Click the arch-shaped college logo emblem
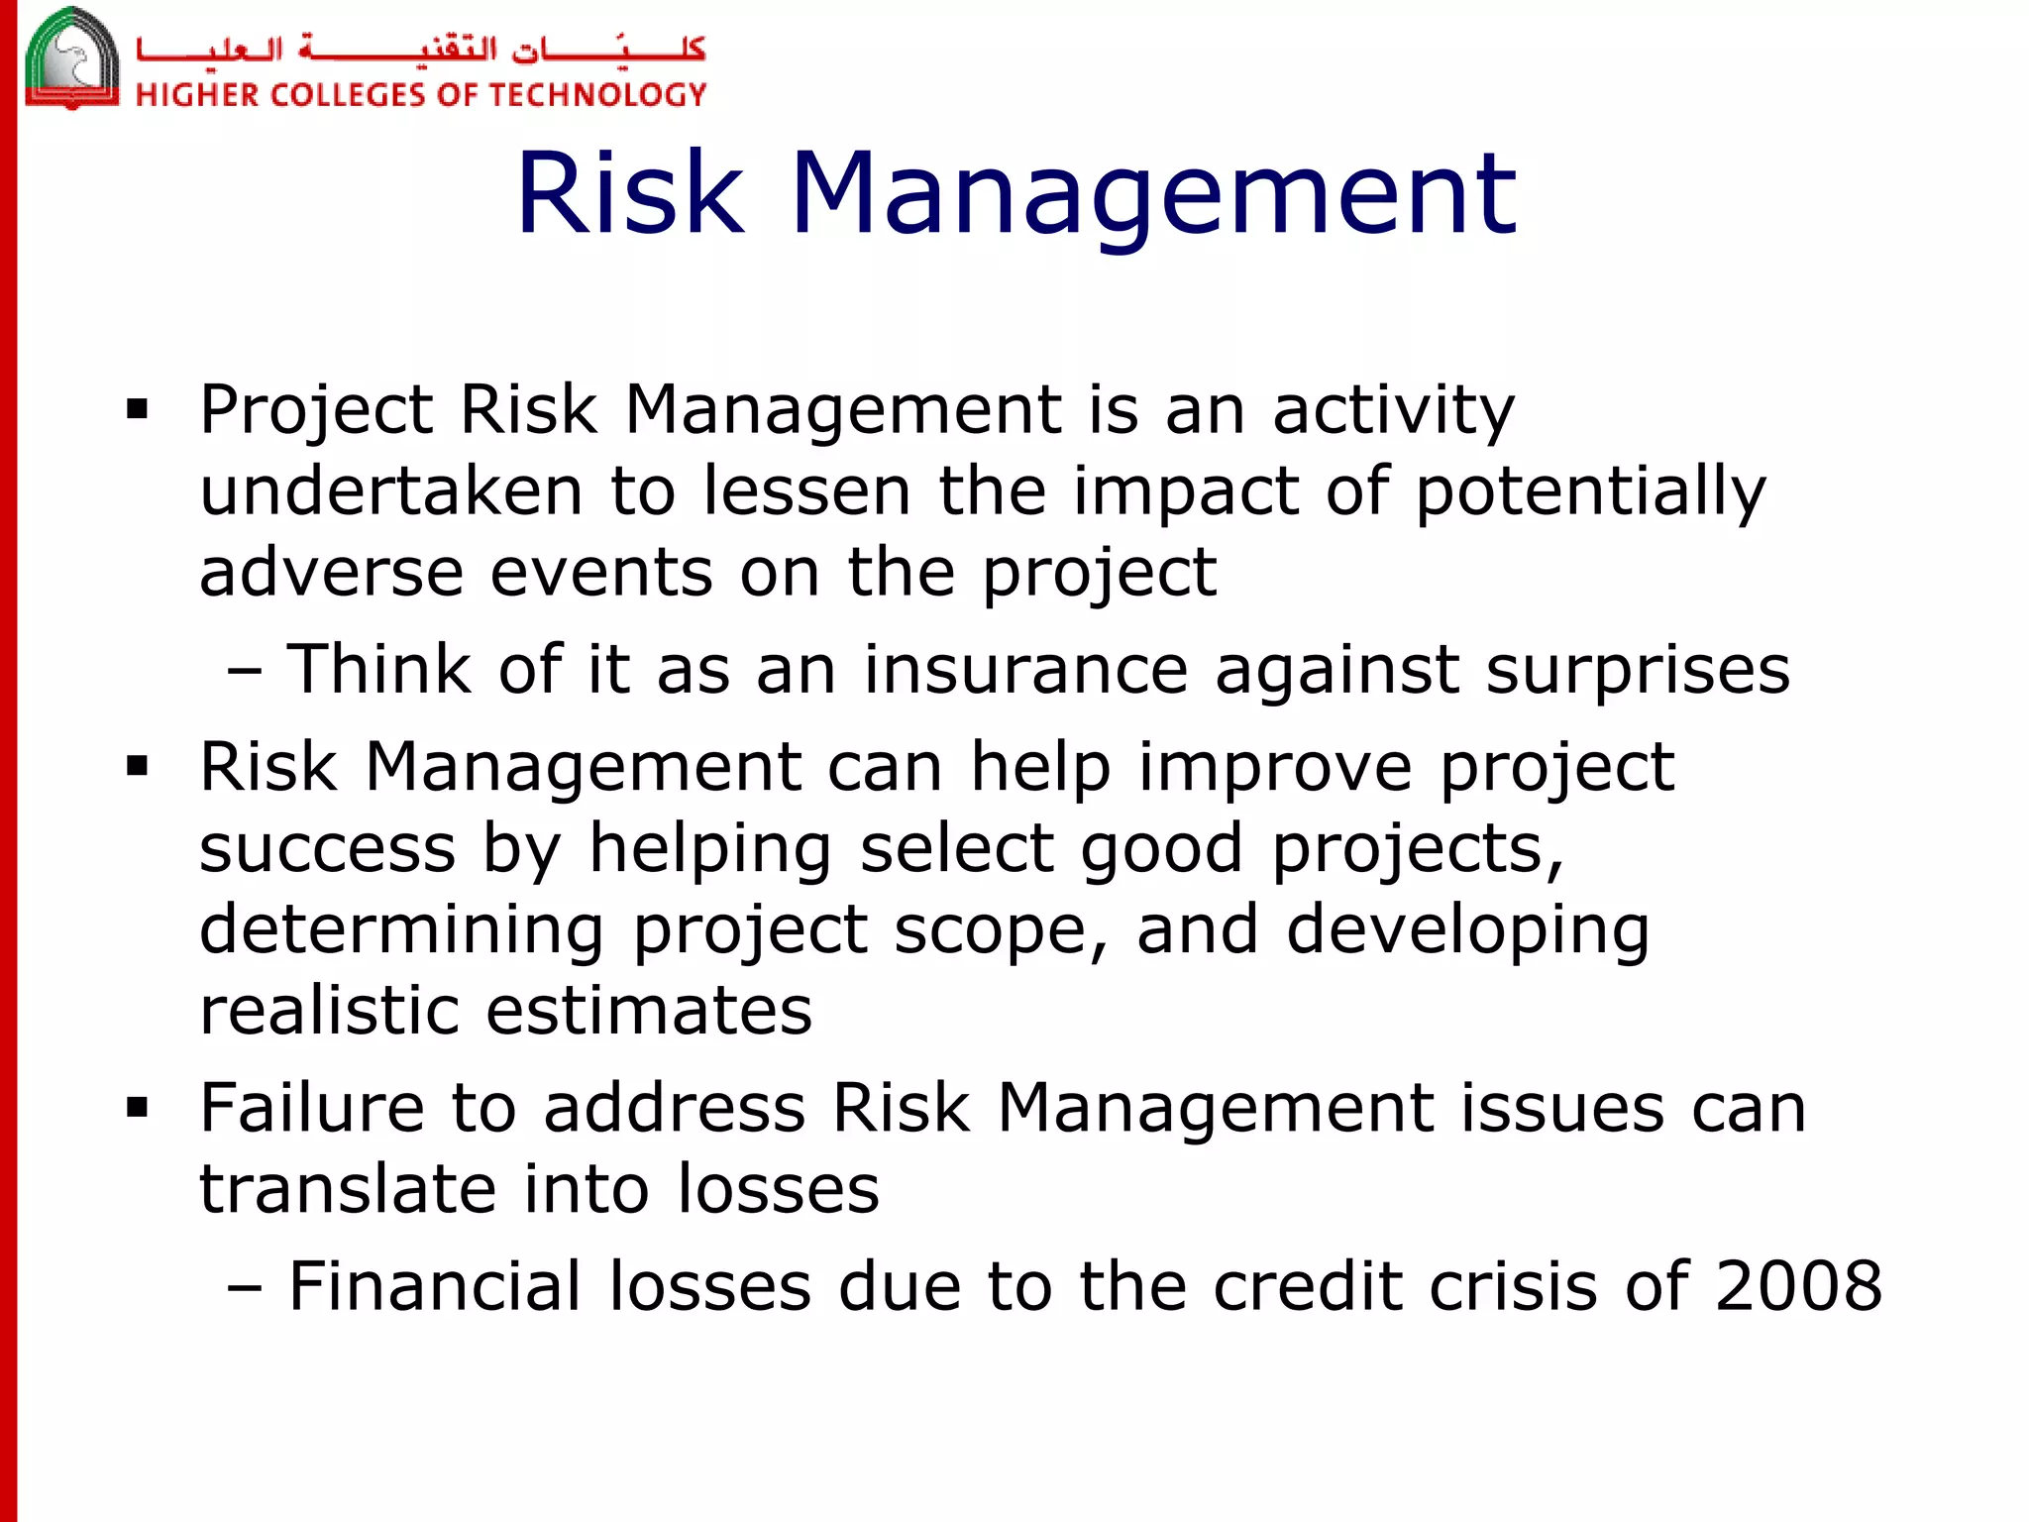[71, 59]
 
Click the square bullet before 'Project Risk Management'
[137, 409]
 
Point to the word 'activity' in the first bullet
[1393, 409]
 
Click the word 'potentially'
[1590, 491]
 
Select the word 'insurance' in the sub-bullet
[1024, 670]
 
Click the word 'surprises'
[1638, 670]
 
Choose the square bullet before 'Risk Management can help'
[137, 766]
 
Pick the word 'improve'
[1274, 767]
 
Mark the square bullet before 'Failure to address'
[137, 1107]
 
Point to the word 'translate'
[348, 1188]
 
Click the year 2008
[1797, 1286]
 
